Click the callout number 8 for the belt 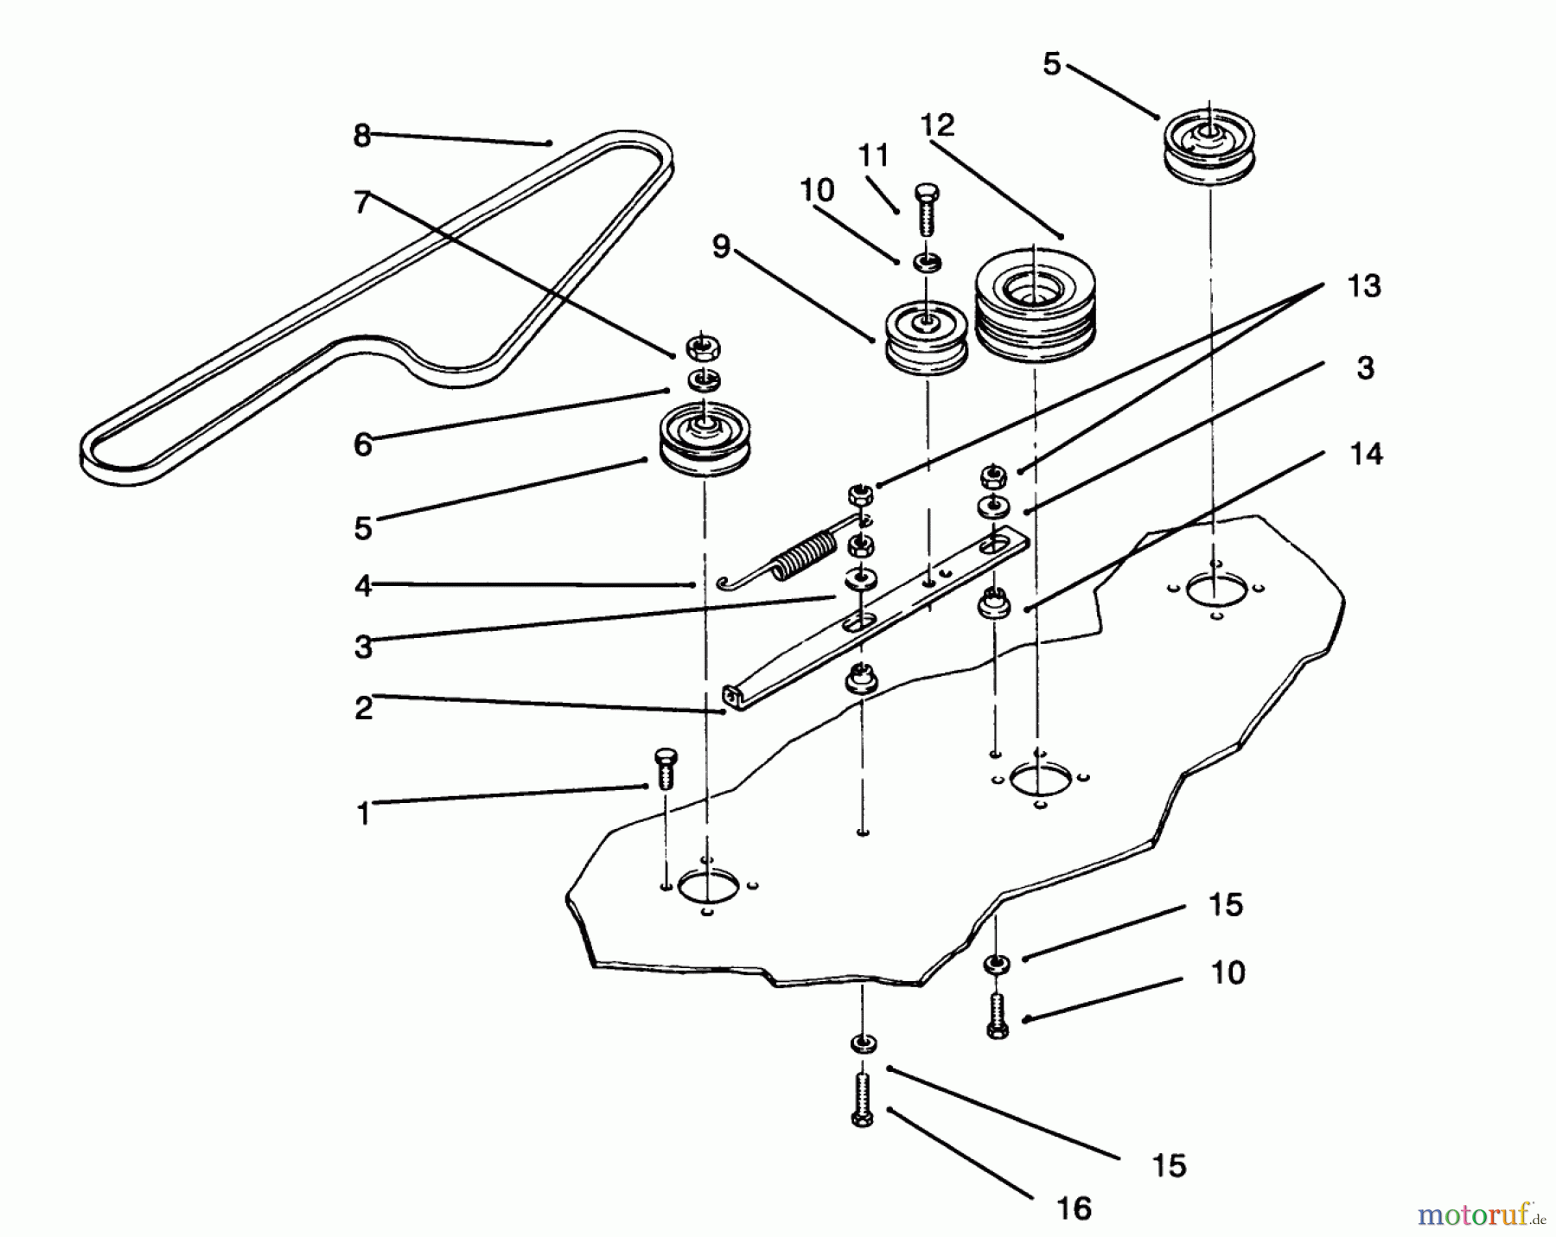point(361,136)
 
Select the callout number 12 point(937,125)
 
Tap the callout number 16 point(1074,1208)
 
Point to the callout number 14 point(1366,454)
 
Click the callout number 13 point(1364,286)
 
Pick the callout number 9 point(721,247)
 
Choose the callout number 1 point(363,813)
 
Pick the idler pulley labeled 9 point(926,340)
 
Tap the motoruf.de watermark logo point(1479,1215)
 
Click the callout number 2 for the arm point(363,707)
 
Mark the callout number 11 point(873,156)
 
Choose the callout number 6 point(363,444)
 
